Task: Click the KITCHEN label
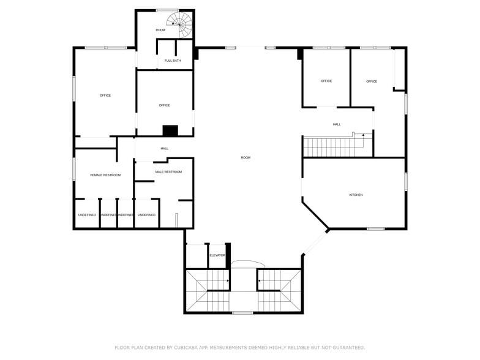click(356, 195)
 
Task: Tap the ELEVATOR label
click(217, 255)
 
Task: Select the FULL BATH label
click(173, 61)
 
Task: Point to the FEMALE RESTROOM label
click(105, 175)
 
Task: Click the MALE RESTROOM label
click(168, 172)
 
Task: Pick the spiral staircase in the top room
click(182, 24)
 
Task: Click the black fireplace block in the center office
click(170, 130)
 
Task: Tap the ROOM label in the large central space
click(246, 158)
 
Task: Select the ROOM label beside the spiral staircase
click(160, 30)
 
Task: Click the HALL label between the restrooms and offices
click(165, 148)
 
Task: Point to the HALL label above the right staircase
click(337, 124)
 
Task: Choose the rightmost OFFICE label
click(372, 81)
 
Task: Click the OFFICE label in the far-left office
click(105, 96)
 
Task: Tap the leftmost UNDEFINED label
click(87, 215)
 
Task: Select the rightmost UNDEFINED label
click(146, 215)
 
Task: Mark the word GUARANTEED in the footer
click(347, 347)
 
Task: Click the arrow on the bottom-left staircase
click(228, 282)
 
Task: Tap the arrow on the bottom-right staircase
click(260, 282)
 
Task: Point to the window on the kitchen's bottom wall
click(375, 229)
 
